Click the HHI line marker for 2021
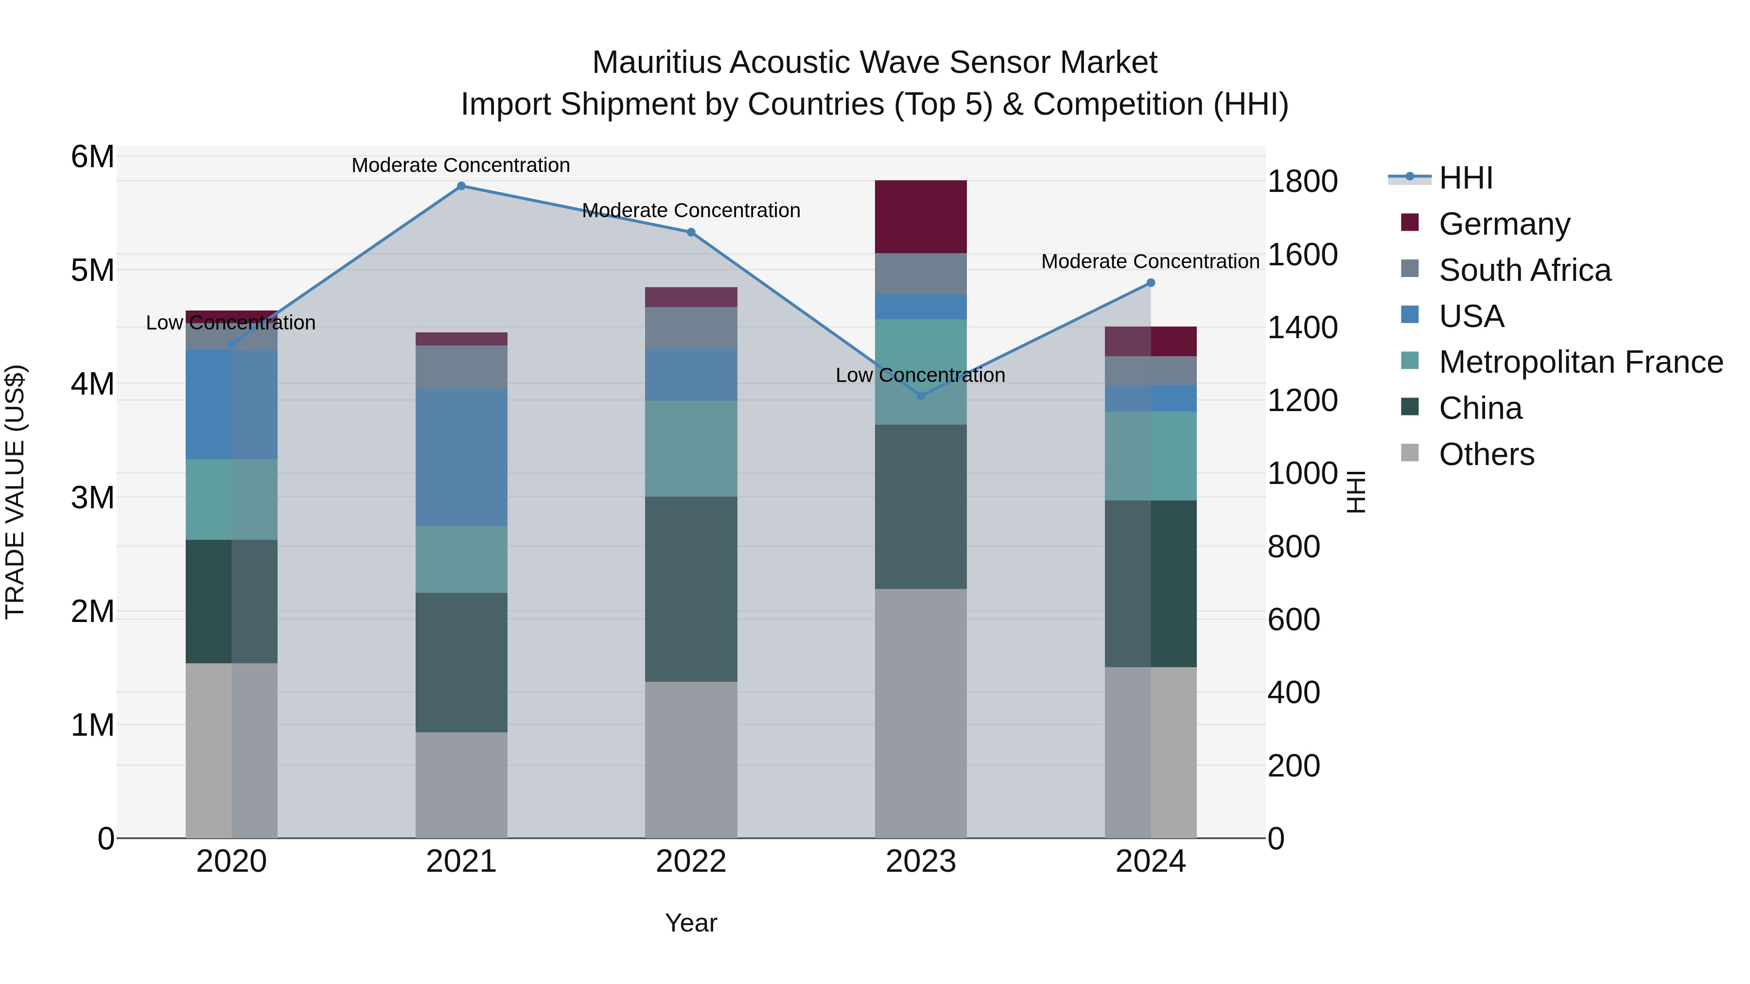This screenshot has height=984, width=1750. click(x=461, y=186)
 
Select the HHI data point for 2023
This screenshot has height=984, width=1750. click(x=921, y=396)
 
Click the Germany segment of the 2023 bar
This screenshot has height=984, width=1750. click(x=921, y=217)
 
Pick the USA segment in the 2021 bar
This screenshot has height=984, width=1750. click(x=461, y=457)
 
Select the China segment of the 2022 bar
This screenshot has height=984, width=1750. click(x=691, y=589)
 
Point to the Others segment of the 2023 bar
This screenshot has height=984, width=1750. click(x=921, y=713)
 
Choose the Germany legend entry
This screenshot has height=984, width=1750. click(x=1504, y=224)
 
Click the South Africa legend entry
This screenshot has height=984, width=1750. click(x=1524, y=270)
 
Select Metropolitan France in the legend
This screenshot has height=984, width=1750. click(x=1580, y=362)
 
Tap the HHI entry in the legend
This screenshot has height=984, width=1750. click(x=1465, y=178)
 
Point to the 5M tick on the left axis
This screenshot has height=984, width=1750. click(x=92, y=270)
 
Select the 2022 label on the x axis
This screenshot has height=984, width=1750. click(x=691, y=862)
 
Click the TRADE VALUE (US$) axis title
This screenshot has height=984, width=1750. click(x=15, y=492)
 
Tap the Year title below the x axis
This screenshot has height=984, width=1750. click(x=691, y=923)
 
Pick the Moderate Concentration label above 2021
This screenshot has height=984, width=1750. click(x=461, y=165)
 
